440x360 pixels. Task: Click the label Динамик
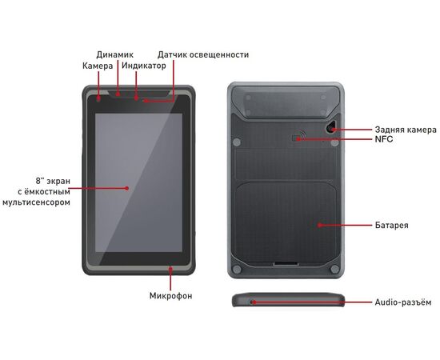(114, 54)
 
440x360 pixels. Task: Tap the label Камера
(98, 66)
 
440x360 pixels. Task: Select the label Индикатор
(144, 66)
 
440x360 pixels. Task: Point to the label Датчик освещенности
(203, 54)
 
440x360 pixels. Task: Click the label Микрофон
(170, 296)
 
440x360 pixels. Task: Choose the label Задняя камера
(406, 130)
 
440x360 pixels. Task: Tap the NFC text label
(384, 139)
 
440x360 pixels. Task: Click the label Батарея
(392, 225)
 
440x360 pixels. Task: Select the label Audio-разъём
(403, 302)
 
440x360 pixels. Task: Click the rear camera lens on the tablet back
(332, 129)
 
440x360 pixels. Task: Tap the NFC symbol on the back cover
(298, 135)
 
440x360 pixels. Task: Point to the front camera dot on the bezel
(98, 98)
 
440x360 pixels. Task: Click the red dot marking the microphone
(170, 269)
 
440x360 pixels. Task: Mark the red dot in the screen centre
(127, 188)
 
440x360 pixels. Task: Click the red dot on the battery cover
(320, 225)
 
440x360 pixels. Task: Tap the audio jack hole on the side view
(252, 302)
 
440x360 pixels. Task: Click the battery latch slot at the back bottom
(286, 264)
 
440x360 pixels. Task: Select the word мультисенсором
(36, 202)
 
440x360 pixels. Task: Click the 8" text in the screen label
(40, 181)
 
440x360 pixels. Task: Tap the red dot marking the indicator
(136, 98)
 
